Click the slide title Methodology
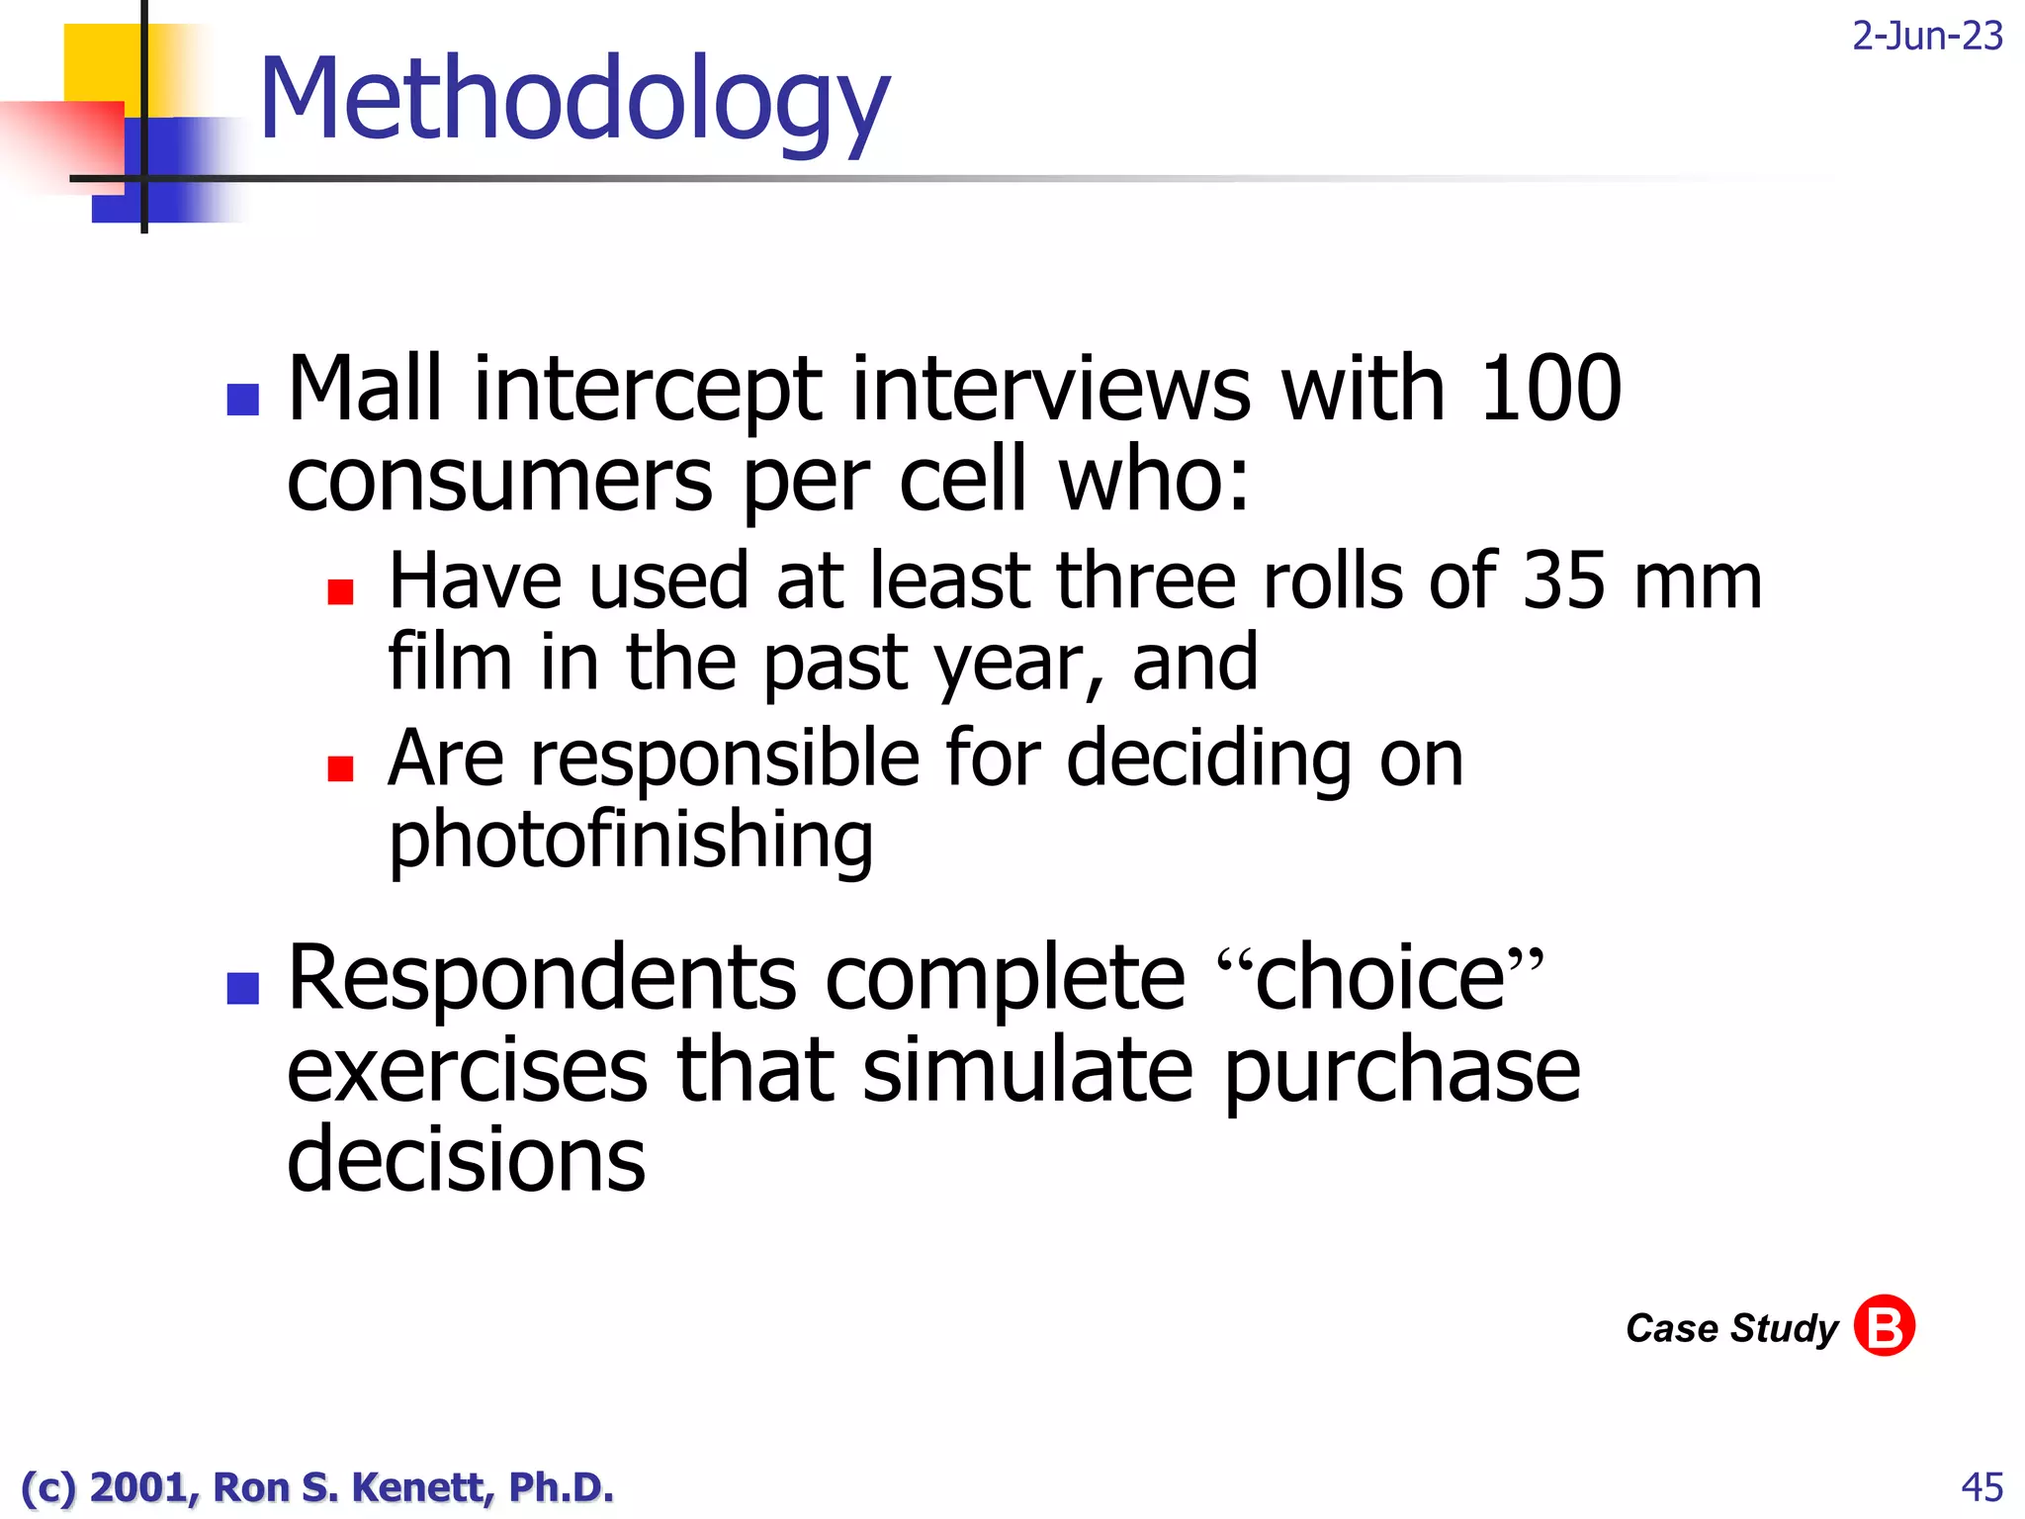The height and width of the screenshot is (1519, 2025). (x=573, y=99)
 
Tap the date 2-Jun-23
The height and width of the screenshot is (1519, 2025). (x=1926, y=37)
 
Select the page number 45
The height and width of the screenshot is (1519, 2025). (x=1981, y=1486)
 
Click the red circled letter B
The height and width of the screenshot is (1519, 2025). (x=1884, y=1325)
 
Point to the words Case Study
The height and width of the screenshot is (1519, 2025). (x=1731, y=1328)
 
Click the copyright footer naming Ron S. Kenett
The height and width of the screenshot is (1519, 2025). (x=317, y=1487)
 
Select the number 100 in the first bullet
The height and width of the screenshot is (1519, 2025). (x=1549, y=389)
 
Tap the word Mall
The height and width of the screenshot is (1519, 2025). (x=365, y=389)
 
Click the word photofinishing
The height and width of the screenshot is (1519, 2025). (x=631, y=840)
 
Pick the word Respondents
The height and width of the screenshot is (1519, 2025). (x=541, y=978)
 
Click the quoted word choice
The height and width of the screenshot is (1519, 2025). (x=1380, y=978)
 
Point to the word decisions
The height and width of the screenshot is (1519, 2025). (x=466, y=1159)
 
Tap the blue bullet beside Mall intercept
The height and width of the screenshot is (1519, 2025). (x=243, y=399)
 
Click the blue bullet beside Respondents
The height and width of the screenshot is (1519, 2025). (x=243, y=988)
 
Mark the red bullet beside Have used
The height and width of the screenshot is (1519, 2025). (x=341, y=591)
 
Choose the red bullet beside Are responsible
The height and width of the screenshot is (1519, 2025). (x=341, y=768)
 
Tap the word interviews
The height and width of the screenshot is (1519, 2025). (x=1051, y=389)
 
